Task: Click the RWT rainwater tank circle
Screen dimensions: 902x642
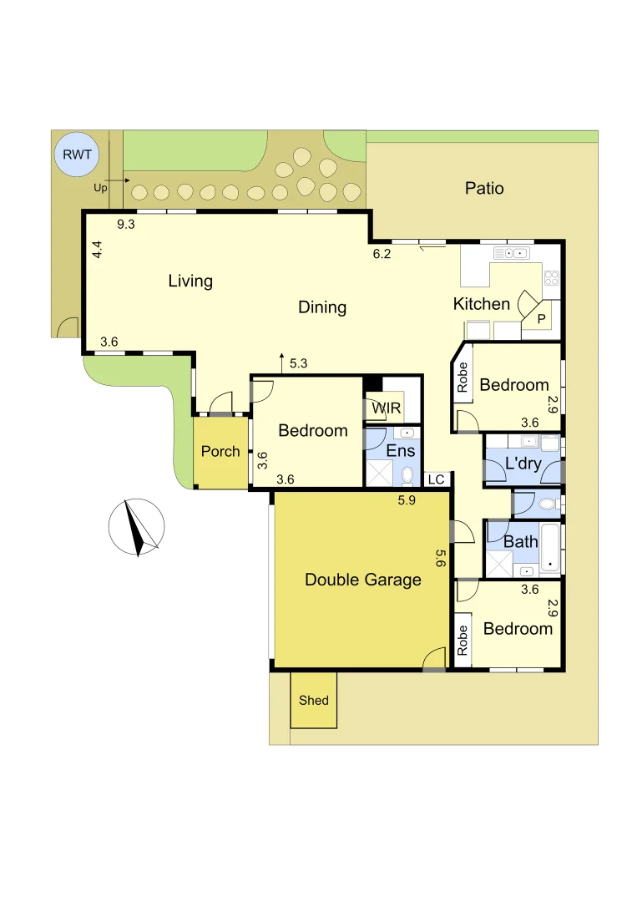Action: coord(76,155)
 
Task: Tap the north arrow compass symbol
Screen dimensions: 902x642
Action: coord(135,527)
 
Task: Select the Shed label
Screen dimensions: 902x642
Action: coord(314,700)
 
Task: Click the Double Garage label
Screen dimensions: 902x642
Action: coord(362,579)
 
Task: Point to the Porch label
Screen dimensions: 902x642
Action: coord(220,451)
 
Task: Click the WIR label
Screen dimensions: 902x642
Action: coord(387,408)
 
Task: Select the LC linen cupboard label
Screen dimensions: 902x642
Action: coord(436,479)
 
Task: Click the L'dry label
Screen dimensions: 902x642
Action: coord(523,463)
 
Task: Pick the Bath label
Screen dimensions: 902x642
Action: coord(521,541)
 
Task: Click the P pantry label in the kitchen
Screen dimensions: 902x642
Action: coord(541,318)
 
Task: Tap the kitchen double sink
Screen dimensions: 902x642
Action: coord(512,253)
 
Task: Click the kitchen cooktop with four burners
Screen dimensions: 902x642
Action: coord(551,277)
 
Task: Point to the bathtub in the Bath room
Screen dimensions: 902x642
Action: coord(551,548)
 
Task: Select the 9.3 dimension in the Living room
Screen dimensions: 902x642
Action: coord(126,224)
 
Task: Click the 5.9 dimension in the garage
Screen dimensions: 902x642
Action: coord(407,500)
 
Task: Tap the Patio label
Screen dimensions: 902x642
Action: coord(484,188)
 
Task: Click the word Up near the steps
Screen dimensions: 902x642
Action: coord(101,188)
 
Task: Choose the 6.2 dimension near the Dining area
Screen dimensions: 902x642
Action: coord(382,254)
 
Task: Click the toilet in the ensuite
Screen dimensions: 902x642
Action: coord(407,475)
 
